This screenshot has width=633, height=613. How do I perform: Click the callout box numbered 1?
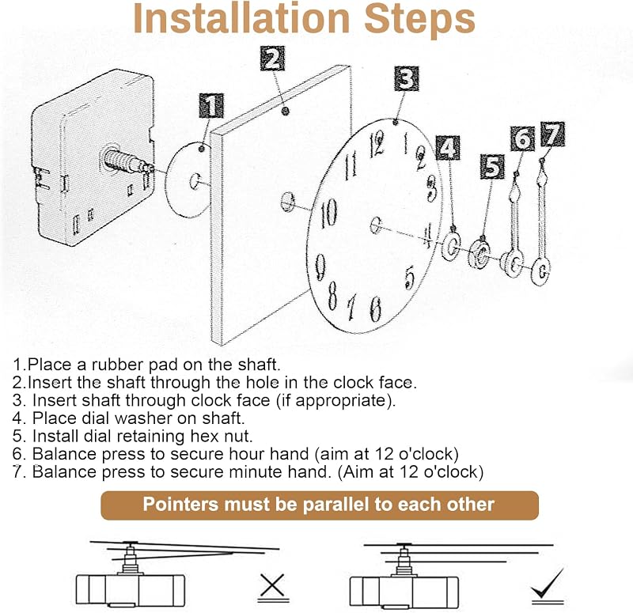[211, 106]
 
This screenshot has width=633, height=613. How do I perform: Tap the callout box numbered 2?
[272, 59]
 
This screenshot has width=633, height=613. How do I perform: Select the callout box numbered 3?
[406, 78]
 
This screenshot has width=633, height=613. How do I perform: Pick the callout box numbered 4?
[448, 148]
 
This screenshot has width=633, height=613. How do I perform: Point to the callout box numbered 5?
[492, 166]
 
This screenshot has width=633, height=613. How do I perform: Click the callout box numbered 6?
[522, 139]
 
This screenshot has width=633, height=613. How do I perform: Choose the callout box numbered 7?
[552, 134]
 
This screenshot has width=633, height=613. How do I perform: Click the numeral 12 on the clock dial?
[377, 144]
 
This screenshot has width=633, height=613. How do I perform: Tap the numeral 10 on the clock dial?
[328, 213]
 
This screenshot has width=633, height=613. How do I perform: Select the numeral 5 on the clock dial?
[409, 278]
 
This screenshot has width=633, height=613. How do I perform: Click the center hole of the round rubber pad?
[195, 181]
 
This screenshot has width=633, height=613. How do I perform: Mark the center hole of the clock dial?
[375, 225]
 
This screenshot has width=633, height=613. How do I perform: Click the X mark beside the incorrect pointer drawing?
[272, 585]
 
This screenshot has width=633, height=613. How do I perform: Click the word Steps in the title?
[419, 19]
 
